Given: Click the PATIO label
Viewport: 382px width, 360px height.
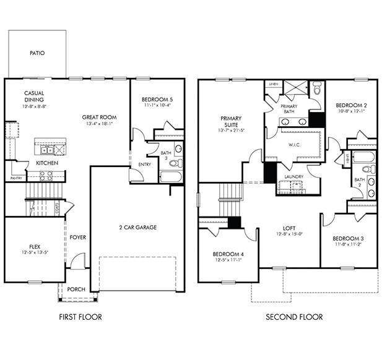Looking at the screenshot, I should [x=37, y=53].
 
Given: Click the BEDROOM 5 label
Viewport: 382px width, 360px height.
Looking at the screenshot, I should [x=157, y=100].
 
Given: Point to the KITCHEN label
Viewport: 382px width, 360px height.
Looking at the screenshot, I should [x=47, y=163].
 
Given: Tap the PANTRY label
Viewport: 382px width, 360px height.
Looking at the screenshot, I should [x=16, y=178].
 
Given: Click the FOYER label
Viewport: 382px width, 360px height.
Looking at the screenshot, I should [x=78, y=238].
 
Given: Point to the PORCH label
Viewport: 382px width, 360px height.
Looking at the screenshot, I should [x=76, y=289].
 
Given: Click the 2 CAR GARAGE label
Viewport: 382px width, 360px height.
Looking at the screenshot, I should [x=137, y=227].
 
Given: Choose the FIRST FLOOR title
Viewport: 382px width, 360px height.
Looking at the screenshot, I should [x=80, y=317].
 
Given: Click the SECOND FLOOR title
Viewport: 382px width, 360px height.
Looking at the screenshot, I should [x=294, y=317].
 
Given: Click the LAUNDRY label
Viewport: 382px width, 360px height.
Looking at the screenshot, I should [x=293, y=177].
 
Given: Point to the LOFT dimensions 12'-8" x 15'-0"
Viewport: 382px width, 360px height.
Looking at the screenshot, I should [x=289, y=234].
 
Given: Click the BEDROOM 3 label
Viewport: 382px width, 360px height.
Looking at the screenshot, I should [x=347, y=239].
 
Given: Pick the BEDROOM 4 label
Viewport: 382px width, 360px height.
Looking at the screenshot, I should [x=227, y=254].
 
